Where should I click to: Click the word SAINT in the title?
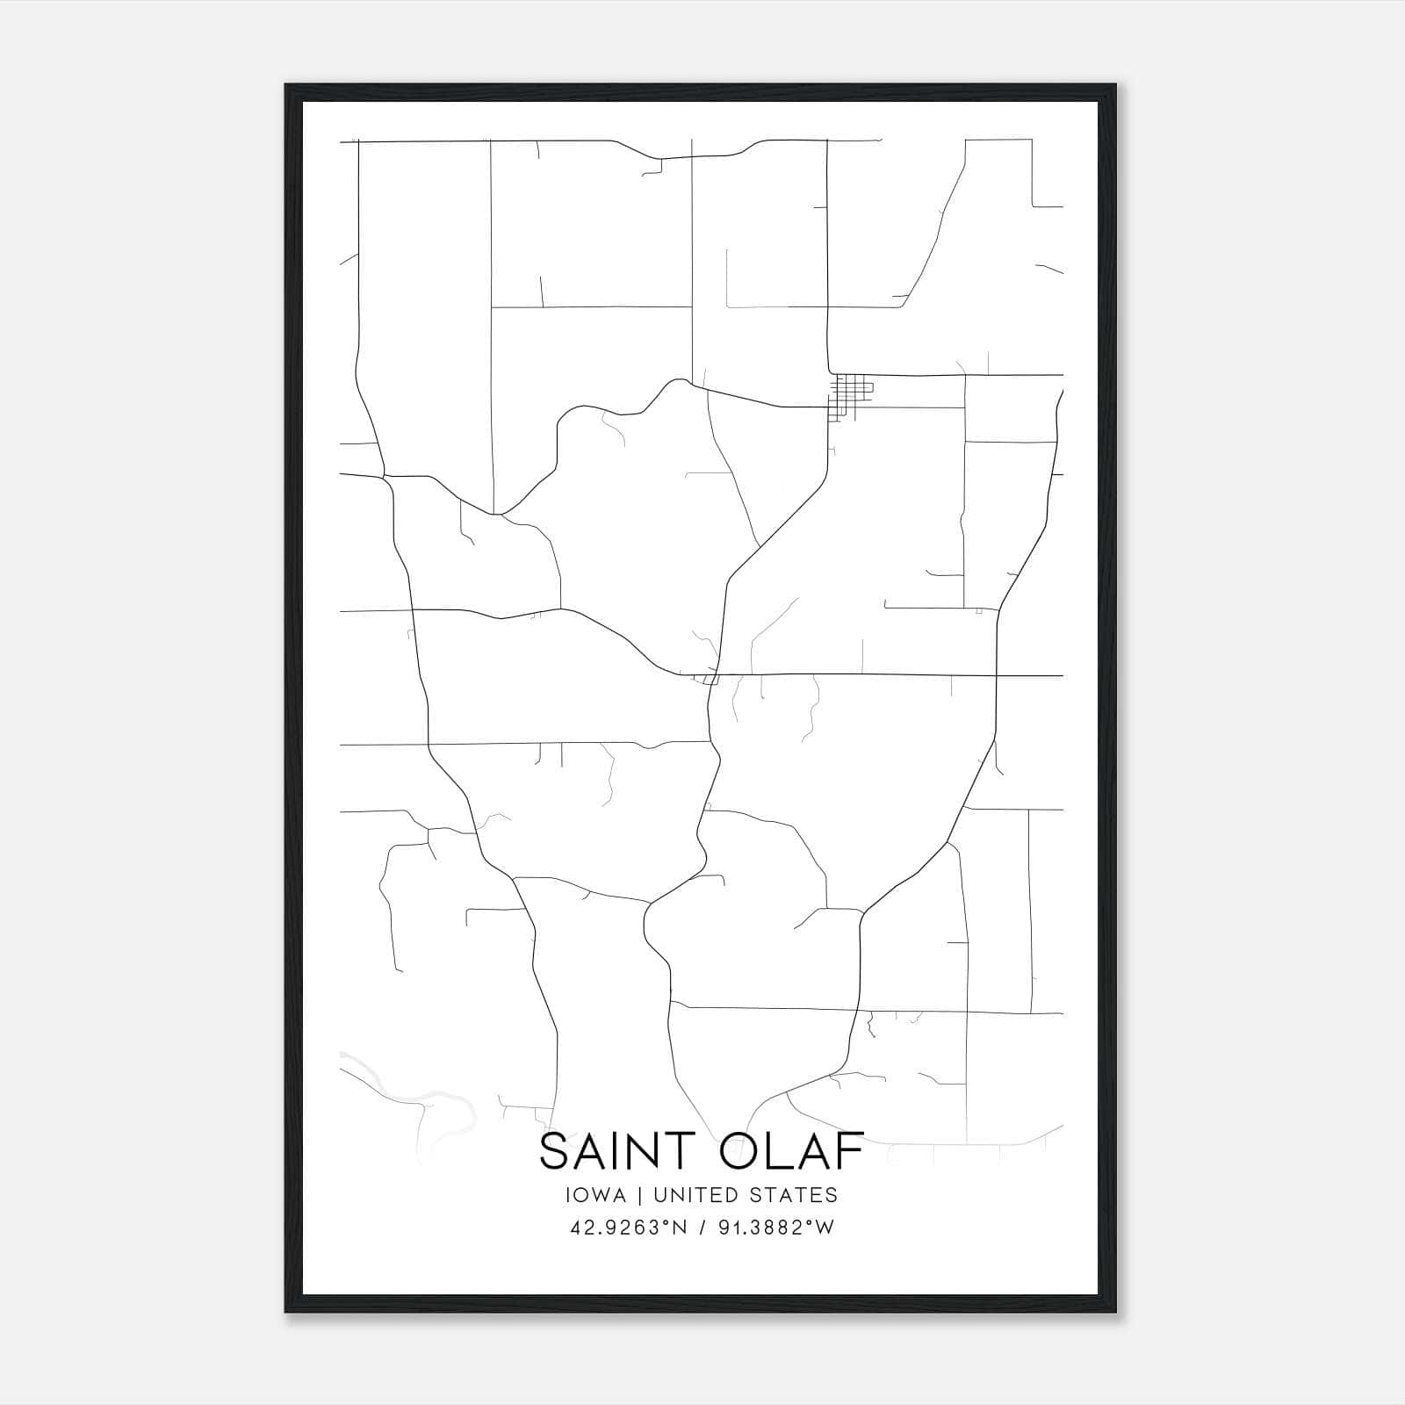pos(606,1152)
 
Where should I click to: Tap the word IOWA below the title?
pos(597,1195)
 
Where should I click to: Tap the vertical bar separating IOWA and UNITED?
pos(639,1195)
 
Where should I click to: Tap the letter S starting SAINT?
pos(556,1152)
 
